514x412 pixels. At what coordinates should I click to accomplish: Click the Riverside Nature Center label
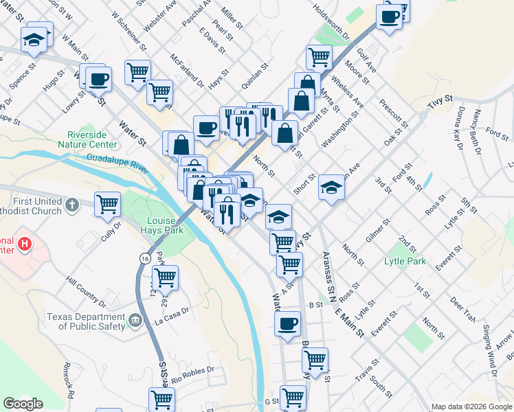click(x=92, y=139)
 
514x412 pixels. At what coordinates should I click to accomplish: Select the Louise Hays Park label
click(x=165, y=225)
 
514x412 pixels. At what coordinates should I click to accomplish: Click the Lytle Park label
click(x=405, y=261)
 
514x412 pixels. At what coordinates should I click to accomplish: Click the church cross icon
click(x=72, y=205)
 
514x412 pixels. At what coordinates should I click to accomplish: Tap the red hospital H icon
click(x=25, y=243)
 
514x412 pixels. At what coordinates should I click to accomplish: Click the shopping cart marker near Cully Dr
click(x=108, y=203)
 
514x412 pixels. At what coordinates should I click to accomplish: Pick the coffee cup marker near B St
click(x=287, y=323)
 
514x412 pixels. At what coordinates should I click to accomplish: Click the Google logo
click(x=23, y=404)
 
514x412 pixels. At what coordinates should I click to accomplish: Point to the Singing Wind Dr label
click(x=490, y=350)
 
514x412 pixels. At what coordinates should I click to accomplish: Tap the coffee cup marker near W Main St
click(x=98, y=79)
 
